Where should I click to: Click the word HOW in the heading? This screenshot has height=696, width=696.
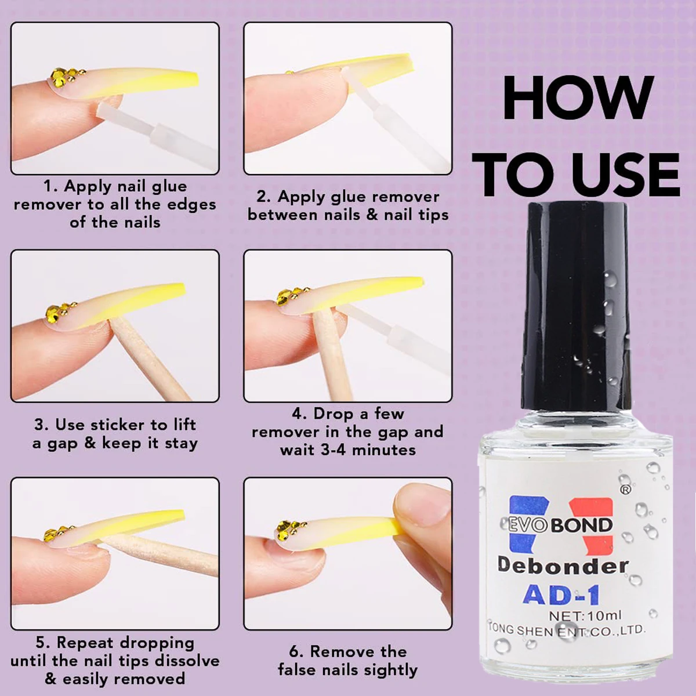578,98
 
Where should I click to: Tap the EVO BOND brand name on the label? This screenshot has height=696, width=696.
557,525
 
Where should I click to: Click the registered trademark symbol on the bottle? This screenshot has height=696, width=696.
625,490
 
